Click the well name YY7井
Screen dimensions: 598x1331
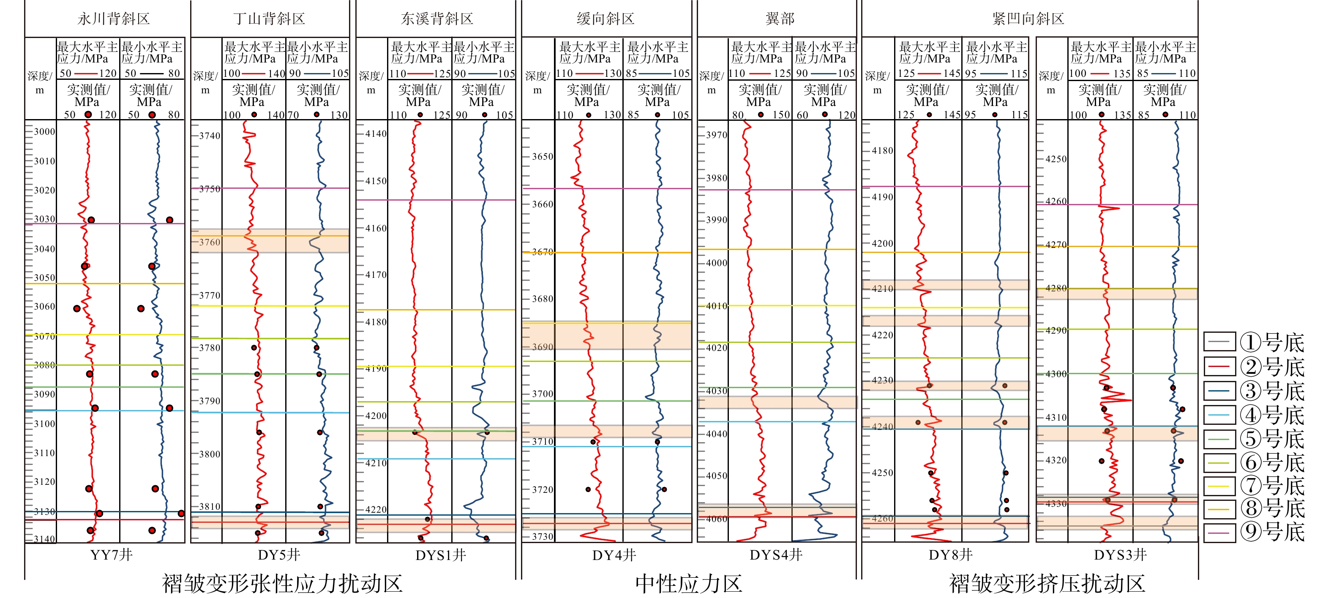coord(111,555)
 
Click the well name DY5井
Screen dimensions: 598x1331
coord(279,555)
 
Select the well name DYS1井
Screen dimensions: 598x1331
coord(441,555)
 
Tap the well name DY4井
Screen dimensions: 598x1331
coord(614,555)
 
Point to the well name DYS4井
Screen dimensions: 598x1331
coord(776,555)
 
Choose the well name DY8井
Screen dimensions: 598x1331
coord(951,555)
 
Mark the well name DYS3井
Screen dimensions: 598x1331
coord(1120,555)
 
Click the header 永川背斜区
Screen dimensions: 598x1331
coord(114,19)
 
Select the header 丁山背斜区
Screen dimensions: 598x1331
coord(269,19)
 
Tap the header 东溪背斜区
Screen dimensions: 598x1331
coord(437,19)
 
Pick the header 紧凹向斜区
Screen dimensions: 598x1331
coord(1028,19)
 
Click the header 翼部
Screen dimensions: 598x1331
coord(780,19)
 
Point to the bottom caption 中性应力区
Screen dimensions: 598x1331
coord(688,584)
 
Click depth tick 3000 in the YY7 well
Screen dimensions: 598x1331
coord(44,132)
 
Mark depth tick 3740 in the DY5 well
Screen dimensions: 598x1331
coord(210,136)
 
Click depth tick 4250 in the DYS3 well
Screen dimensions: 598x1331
coord(1056,159)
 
